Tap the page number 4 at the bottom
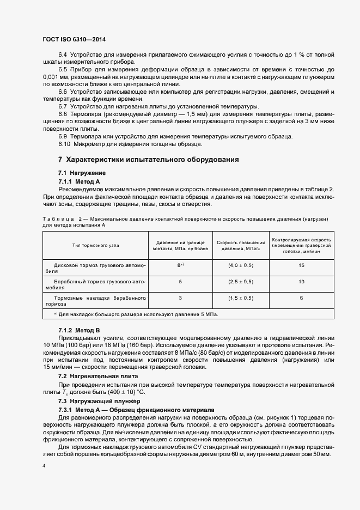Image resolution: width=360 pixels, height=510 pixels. (x=44, y=466)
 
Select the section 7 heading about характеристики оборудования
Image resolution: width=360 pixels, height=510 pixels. (x=148, y=160)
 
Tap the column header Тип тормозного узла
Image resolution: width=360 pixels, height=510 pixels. (x=96, y=246)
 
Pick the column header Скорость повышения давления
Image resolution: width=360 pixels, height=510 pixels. (x=241, y=245)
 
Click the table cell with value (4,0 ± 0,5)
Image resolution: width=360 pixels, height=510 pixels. (x=240, y=265)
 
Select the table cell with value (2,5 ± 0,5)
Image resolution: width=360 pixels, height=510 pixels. (x=240, y=282)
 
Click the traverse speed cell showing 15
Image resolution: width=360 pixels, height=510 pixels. (x=301, y=265)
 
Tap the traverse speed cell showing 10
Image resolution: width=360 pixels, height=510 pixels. (x=301, y=282)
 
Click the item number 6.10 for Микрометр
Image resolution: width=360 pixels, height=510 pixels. (x=65, y=144)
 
